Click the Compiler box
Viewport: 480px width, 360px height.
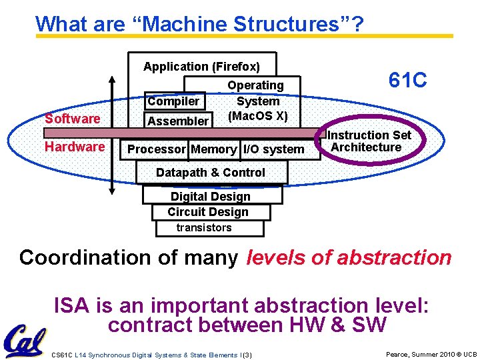tap(173, 101)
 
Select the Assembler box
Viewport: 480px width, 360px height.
tap(178, 121)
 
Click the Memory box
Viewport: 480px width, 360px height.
tap(213, 149)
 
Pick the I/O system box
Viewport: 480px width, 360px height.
tap(273, 149)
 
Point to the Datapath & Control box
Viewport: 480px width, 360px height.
tap(211, 173)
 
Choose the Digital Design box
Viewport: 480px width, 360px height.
tap(211, 197)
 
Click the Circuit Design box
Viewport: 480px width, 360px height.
tap(208, 212)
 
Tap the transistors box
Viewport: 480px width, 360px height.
tap(204, 228)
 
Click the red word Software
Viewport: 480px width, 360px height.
tap(72, 119)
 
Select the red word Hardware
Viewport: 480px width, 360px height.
tap(75, 147)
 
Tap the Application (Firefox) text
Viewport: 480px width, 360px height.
tap(202, 67)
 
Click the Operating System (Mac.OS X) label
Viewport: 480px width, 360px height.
tap(257, 101)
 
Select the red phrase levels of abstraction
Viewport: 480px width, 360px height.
tap(349, 257)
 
